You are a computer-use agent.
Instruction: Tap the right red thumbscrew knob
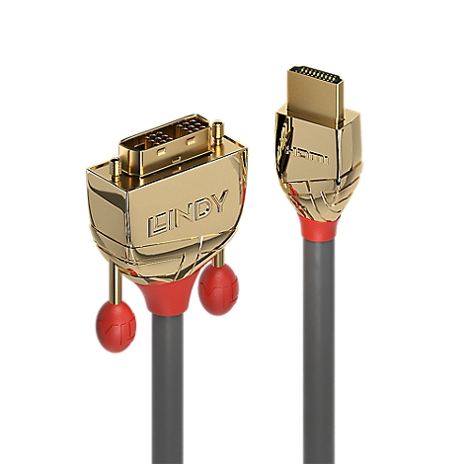tap(218, 289)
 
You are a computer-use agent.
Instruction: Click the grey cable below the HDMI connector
tap(318, 346)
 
